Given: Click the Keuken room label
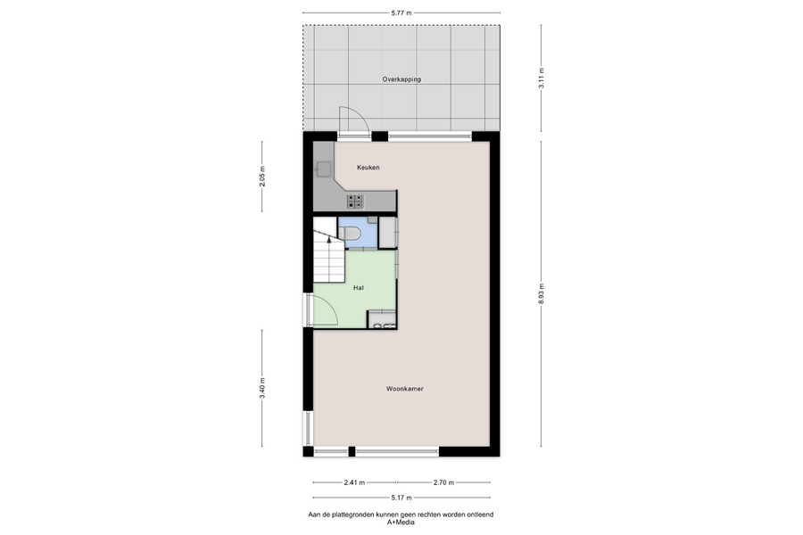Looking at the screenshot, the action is click(368, 168).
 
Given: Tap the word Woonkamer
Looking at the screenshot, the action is click(404, 389).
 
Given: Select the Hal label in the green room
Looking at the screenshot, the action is click(359, 288).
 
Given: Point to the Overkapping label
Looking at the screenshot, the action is click(401, 79).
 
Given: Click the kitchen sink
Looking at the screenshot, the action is click(324, 169).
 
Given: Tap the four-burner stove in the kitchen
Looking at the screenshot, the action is click(355, 202).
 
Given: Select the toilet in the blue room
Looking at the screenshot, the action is click(352, 234).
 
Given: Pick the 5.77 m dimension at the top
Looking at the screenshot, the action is click(401, 13).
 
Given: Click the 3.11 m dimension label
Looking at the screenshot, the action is click(542, 78).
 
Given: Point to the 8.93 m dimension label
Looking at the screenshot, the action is click(542, 294).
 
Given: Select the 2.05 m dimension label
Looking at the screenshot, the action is click(262, 177).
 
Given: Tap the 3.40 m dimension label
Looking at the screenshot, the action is click(262, 388).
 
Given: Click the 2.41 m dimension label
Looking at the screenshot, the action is click(354, 482).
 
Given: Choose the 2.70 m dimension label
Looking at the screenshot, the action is click(443, 482).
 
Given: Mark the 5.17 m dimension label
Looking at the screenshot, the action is click(401, 498).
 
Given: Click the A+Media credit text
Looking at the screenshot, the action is click(401, 523).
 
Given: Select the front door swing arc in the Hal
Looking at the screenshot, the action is click(330, 306).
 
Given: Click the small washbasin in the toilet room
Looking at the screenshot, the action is click(372, 219).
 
